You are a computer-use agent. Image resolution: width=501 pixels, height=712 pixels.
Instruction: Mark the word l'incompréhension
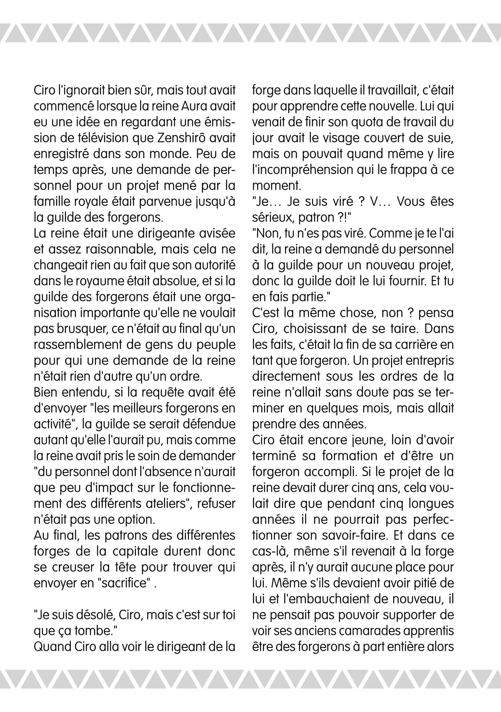302,170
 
